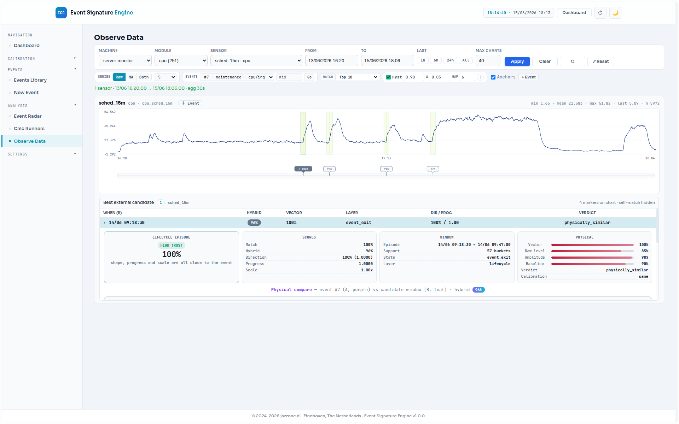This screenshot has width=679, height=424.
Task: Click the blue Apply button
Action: click(x=517, y=61)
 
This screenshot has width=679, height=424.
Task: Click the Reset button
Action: click(x=600, y=61)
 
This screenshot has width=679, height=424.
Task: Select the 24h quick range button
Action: click(x=450, y=60)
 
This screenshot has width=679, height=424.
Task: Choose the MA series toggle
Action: click(x=131, y=77)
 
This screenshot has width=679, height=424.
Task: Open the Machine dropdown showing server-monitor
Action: click(x=125, y=60)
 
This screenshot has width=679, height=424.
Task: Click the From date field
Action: click(x=332, y=60)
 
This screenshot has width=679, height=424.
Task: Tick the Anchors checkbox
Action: click(x=493, y=77)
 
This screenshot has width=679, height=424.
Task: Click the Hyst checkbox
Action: click(x=388, y=77)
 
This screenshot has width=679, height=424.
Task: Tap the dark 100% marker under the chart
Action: click(x=303, y=169)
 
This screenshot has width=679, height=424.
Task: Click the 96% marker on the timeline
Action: click(x=386, y=169)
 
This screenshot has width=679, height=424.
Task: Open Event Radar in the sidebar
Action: click(x=28, y=116)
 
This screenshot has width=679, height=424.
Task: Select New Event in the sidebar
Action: click(x=26, y=93)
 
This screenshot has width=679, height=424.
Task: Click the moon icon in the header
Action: click(x=615, y=13)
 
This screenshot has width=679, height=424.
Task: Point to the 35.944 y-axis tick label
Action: click(x=110, y=126)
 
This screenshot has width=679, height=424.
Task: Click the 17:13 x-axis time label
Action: click(x=386, y=158)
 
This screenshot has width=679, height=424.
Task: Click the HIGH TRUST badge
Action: click(x=172, y=246)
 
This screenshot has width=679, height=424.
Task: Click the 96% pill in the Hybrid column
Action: click(x=254, y=223)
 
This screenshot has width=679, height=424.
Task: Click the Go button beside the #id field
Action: click(x=309, y=77)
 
